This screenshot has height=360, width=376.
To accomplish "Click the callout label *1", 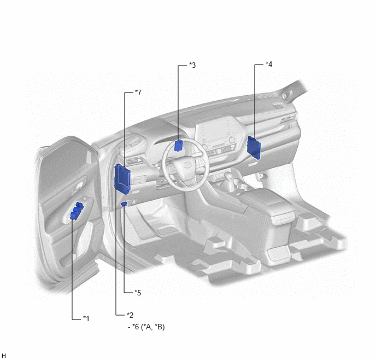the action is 86,318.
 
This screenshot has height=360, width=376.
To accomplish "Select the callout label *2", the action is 130,315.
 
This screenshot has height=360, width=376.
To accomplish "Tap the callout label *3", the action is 192,65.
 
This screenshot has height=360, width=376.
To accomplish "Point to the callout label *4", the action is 269,64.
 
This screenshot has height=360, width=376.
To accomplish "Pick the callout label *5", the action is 138,293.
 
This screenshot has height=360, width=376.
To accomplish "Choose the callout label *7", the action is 138,92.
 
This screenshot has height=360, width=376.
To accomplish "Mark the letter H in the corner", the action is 4,356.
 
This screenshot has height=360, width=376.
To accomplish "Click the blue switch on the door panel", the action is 77,211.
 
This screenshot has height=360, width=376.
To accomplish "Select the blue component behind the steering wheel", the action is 179,145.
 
